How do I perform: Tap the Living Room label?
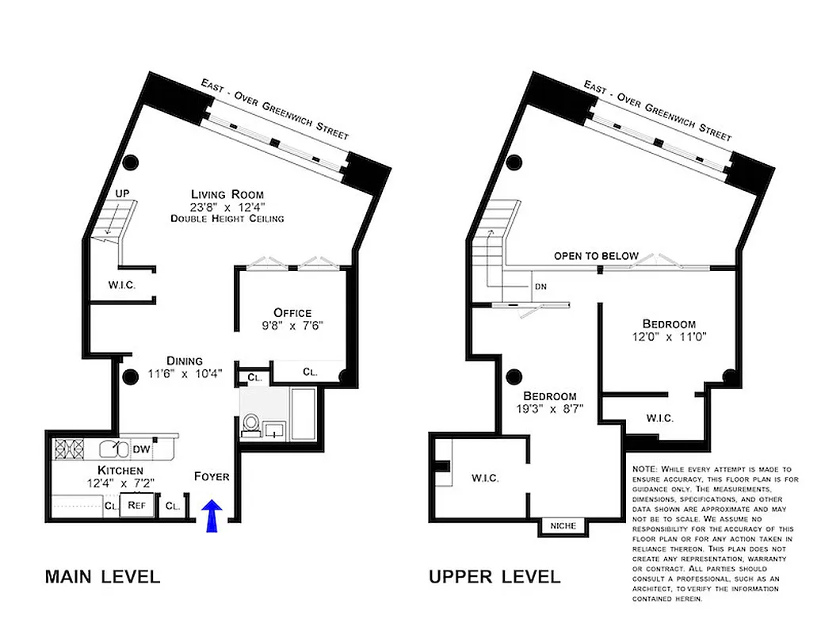(227, 194)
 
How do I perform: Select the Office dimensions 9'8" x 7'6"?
(292, 325)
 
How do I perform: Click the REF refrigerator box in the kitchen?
(136, 504)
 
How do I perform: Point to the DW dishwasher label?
(141, 450)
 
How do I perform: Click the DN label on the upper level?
(540, 287)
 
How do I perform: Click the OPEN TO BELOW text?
(596, 255)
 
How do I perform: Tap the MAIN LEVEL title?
(102, 576)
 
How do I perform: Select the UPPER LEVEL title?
(495, 576)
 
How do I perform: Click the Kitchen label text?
(98, 470)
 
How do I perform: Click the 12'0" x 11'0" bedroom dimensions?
(670, 336)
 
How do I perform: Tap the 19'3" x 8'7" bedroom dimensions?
(549, 410)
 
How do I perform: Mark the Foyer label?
(212, 476)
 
